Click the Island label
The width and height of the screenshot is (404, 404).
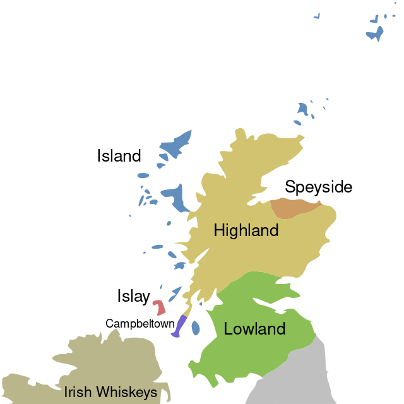click(119, 156)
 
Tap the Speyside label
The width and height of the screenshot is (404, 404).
click(318, 187)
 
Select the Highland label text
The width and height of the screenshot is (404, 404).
click(246, 230)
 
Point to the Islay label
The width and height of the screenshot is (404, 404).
click(133, 296)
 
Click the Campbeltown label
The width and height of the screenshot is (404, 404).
click(140, 324)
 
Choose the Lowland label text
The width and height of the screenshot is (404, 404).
click(254, 329)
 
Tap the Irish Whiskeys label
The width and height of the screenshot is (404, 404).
click(110, 393)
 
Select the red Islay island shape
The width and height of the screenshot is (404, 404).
click(159, 307)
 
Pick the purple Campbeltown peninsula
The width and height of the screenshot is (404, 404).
click(180, 326)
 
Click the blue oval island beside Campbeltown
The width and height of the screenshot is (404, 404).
click(196, 328)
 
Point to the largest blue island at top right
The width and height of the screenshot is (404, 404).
click(376, 33)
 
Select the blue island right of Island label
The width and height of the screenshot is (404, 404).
click(175, 146)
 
